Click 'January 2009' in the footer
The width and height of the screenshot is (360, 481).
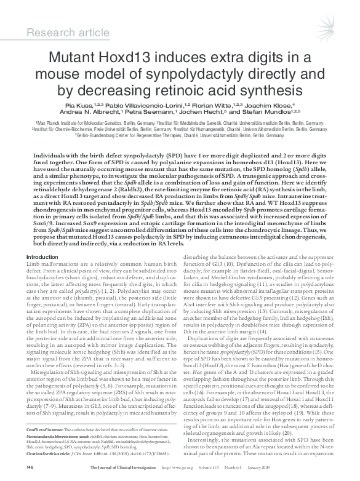[319, 467]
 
